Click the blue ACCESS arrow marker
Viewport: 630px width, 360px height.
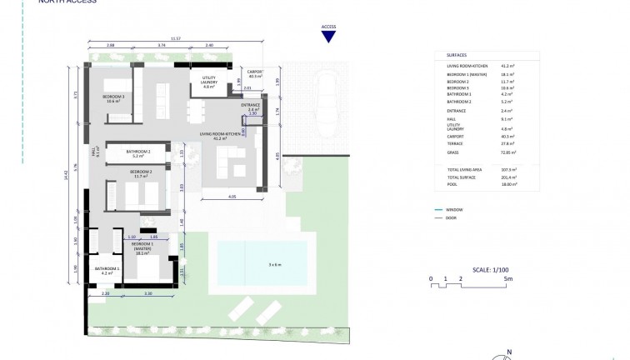tap(328, 33)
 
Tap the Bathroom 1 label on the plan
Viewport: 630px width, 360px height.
tap(106, 271)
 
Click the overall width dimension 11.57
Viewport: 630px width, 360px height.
tap(176, 38)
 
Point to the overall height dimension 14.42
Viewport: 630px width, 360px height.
tap(65, 176)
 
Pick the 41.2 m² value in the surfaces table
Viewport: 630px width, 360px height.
tap(506, 65)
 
